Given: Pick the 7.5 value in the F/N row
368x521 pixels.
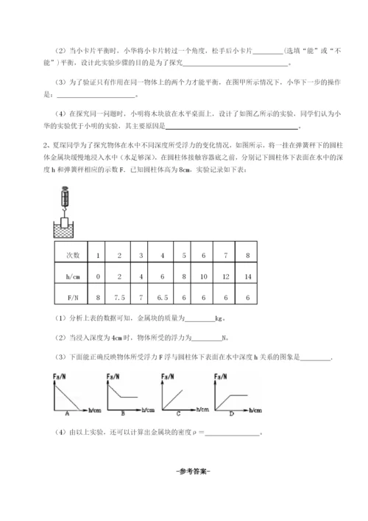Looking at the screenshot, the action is point(118,299).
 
